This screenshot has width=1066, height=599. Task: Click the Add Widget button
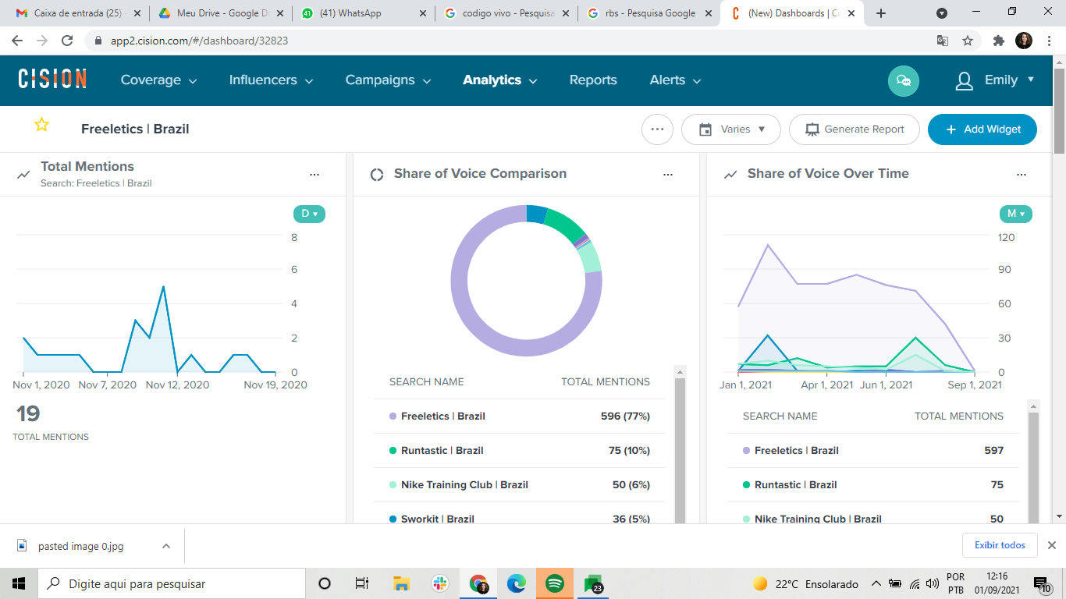point(982,129)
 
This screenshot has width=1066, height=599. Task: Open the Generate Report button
point(855,129)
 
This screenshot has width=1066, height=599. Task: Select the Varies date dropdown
point(731,129)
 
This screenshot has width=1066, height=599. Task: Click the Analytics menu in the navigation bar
point(499,80)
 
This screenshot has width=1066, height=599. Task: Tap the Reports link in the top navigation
point(593,80)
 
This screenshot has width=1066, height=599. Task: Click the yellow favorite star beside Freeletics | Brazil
point(42,125)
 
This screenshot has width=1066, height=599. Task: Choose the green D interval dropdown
point(309,214)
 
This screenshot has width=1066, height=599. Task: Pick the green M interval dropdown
point(1015,214)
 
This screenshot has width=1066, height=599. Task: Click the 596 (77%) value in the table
point(625,416)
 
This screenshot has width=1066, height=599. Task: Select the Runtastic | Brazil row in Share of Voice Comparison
point(520,451)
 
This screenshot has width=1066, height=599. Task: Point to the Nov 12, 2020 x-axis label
point(177,385)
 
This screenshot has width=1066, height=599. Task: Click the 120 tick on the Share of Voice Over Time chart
point(1006,237)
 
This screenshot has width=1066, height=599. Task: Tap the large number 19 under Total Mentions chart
point(28,413)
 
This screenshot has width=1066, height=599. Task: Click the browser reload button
point(67,41)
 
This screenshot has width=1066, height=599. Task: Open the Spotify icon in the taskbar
point(554,583)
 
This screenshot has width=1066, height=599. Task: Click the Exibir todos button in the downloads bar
point(1000,545)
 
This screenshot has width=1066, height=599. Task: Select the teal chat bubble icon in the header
point(903,81)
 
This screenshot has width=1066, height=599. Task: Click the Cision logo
point(52,79)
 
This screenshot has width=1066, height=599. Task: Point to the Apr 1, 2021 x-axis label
point(826,385)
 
